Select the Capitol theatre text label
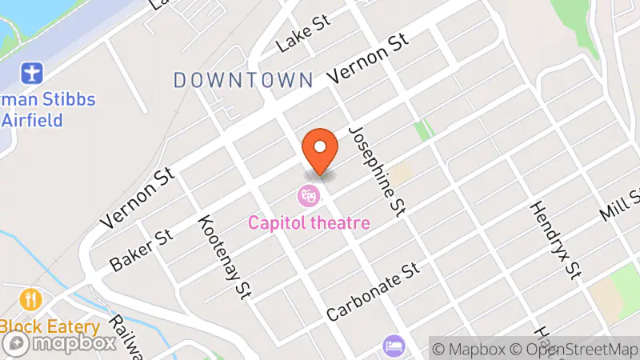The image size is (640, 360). (309, 222)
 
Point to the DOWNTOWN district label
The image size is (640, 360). (242, 80)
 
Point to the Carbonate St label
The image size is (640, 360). (373, 290)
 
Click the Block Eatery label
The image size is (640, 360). (50, 326)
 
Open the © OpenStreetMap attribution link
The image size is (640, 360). (574, 349)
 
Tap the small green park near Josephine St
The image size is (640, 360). (423, 130)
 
